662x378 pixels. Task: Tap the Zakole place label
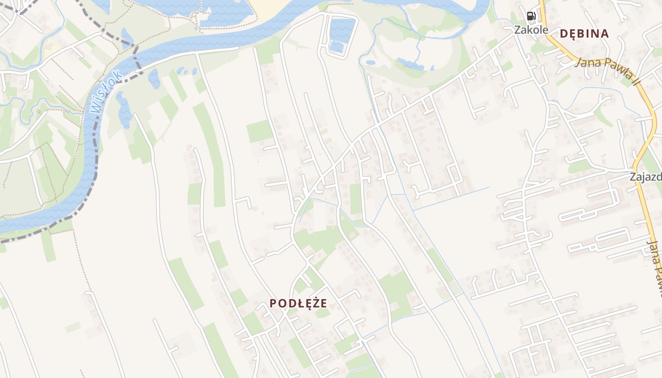pos(531,29)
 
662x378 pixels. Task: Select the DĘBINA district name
pos(584,34)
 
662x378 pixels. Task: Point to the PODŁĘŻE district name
pos(298,303)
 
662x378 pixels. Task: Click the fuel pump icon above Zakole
pos(531,16)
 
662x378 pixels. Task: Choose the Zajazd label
pos(645,177)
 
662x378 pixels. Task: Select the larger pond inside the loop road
pos(342,29)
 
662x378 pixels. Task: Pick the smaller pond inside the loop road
pos(337,47)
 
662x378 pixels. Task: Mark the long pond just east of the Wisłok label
pos(123,110)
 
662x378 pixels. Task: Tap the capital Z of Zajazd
pos(633,177)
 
